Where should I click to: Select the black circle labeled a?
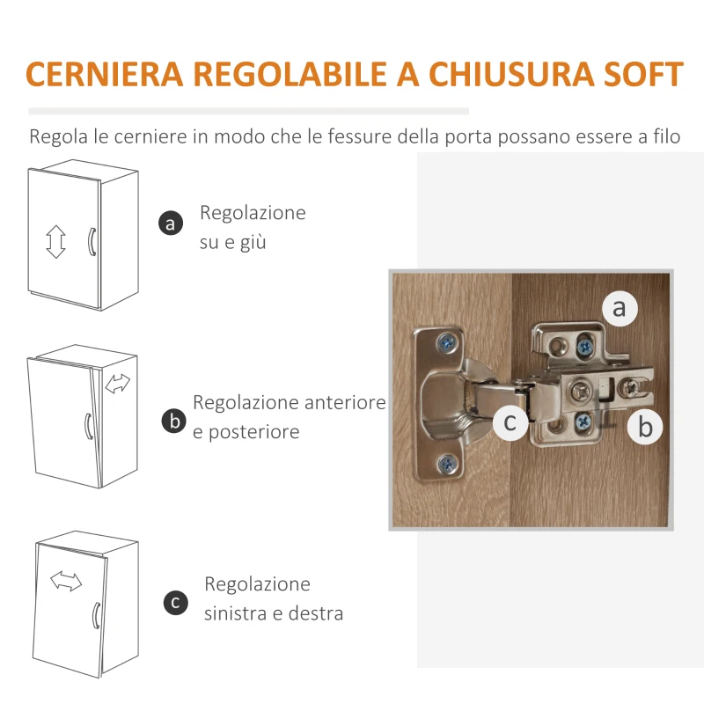tap(171, 224)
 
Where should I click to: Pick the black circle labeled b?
tap(174, 422)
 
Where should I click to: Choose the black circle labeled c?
tap(175, 603)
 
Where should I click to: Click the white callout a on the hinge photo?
tap(620, 307)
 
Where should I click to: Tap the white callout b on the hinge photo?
tap(646, 427)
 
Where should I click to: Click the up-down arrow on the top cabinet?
tap(56, 241)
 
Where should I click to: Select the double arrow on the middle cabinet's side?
tap(117, 384)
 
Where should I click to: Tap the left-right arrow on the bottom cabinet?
tap(66, 580)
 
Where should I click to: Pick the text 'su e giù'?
tap(232, 242)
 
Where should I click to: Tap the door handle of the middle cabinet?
tap(87, 424)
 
